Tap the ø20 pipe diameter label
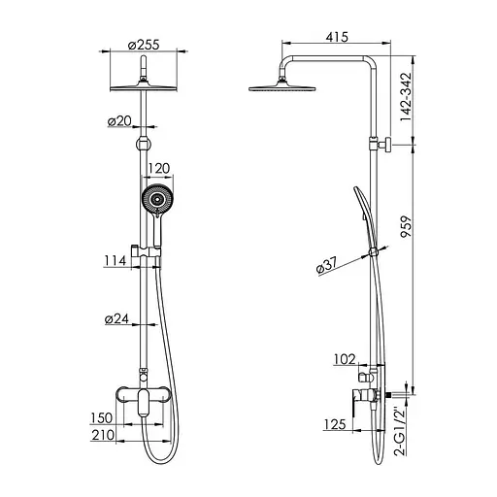coord(117,121)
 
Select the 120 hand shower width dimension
coord(159,168)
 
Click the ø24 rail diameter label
coord(117,319)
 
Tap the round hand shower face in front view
coord(155,201)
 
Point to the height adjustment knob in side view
coord(384,146)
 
